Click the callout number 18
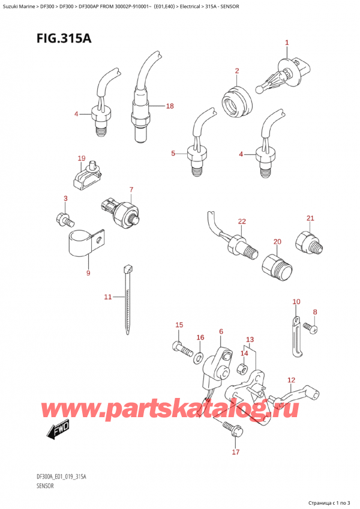[x=170, y=106]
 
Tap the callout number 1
[x=287, y=43]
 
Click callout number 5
[x=173, y=153]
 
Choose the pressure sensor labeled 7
[x=122, y=210]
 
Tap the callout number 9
[x=88, y=273]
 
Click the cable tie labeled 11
[x=128, y=300]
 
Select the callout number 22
[x=242, y=221]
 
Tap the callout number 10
[x=296, y=302]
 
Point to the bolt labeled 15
[x=183, y=349]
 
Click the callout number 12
[x=292, y=380]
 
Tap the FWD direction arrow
[x=58, y=431]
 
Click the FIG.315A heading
[x=64, y=38]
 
